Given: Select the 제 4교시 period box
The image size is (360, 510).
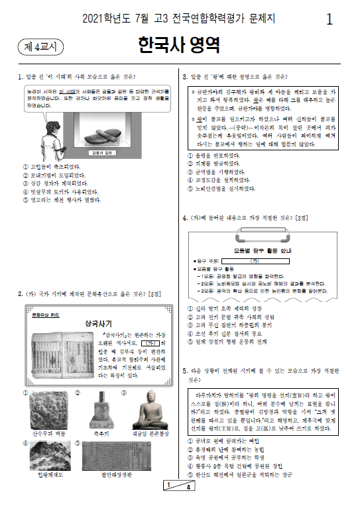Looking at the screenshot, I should click(38, 46).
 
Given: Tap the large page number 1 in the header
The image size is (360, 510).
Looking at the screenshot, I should click(330, 19).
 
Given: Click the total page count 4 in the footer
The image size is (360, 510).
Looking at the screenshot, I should click(188, 505).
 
